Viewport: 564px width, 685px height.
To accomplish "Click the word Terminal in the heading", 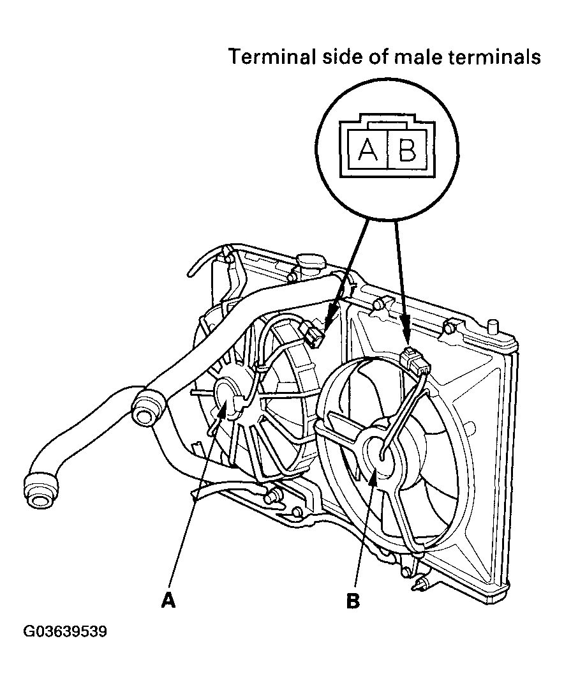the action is coord(272,57).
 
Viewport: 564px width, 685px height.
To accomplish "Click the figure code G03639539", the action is coord(65,632).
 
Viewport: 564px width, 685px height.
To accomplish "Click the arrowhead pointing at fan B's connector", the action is coord(405,334).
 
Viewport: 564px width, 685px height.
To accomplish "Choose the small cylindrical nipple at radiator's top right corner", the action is coord(493,327).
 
